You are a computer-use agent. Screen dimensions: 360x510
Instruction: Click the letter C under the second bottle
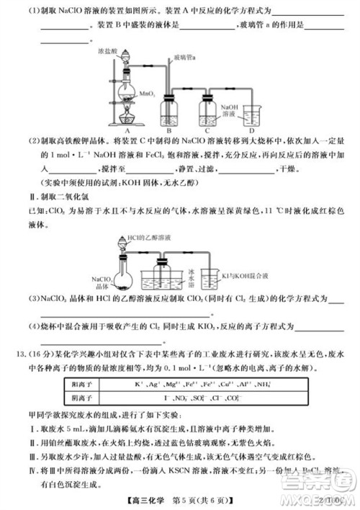(207, 132)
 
